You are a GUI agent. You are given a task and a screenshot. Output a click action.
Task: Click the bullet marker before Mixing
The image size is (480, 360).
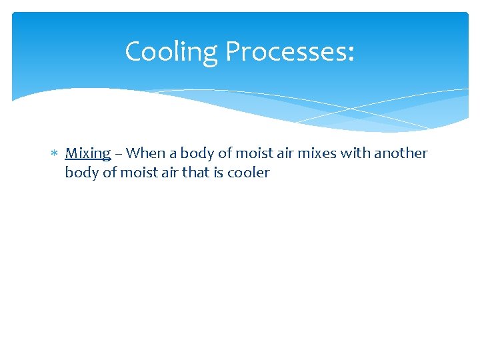click(55, 154)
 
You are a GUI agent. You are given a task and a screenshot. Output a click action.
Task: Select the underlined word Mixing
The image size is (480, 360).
click(87, 153)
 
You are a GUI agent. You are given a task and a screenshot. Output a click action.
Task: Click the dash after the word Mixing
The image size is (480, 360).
click(118, 154)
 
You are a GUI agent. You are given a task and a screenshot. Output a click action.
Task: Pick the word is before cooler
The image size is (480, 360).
click(219, 173)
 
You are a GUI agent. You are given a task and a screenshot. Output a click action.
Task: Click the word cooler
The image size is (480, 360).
click(249, 173)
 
